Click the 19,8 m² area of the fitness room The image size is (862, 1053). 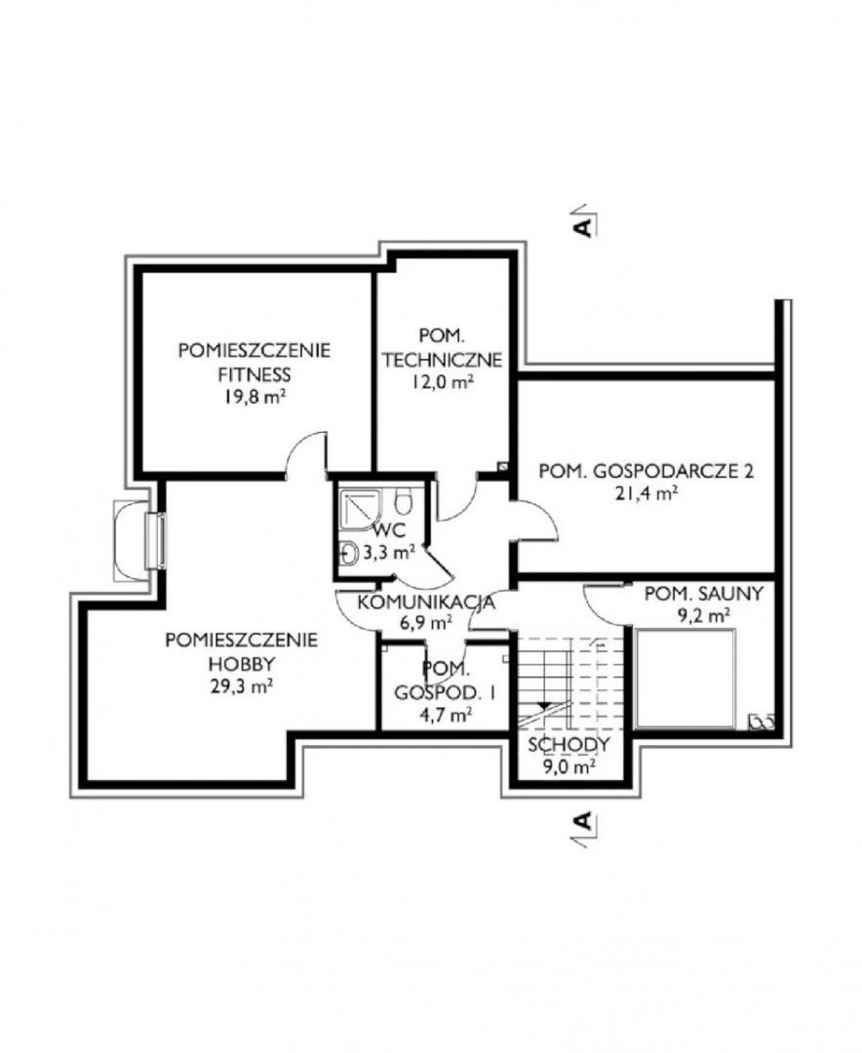point(255,397)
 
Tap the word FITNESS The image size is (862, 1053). point(255,374)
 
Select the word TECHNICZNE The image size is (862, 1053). point(443,359)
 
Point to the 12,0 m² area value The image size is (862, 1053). point(444,382)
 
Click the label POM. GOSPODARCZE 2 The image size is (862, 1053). point(646,471)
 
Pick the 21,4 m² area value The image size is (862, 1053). point(646,493)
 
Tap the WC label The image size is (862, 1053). point(389,530)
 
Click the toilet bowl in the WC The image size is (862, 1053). point(403,499)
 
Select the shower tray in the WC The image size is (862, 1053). point(362,510)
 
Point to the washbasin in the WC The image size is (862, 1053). point(349,553)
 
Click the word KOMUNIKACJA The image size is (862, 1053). point(426,603)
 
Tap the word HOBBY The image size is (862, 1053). point(242,664)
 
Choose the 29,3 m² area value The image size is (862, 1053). point(241,686)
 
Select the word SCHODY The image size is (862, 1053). point(569,744)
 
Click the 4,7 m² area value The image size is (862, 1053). point(444,716)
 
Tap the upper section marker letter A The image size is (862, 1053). point(584,225)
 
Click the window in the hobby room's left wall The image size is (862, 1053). point(159,541)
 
